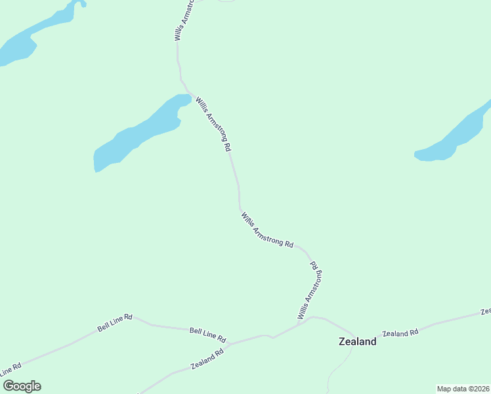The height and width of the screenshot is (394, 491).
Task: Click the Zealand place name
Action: click(x=357, y=341)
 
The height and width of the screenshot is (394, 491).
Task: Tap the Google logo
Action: click(x=21, y=386)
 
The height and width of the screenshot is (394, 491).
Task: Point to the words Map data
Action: click(x=451, y=389)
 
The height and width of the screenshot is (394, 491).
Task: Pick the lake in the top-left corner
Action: click(x=33, y=36)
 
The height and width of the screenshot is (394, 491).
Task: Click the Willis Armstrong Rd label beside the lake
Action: click(x=214, y=125)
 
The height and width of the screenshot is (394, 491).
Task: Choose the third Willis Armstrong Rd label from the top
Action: click(x=267, y=229)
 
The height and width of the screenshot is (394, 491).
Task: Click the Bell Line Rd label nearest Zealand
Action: click(x=207, y=335)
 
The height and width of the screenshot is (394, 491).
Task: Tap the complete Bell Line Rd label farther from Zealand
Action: click(x=115, y=322)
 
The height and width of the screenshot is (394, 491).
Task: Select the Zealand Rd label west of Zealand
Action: click(x=207, y=358)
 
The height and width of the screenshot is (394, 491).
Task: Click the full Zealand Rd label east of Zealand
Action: click(x=400, y=333)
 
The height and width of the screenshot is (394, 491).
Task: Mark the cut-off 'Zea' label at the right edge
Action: click(x=486, y=311)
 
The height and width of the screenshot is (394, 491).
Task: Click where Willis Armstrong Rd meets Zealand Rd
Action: click(x=299, y=324)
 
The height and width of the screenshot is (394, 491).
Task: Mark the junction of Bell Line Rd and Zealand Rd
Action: click(x=270, y=337)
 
